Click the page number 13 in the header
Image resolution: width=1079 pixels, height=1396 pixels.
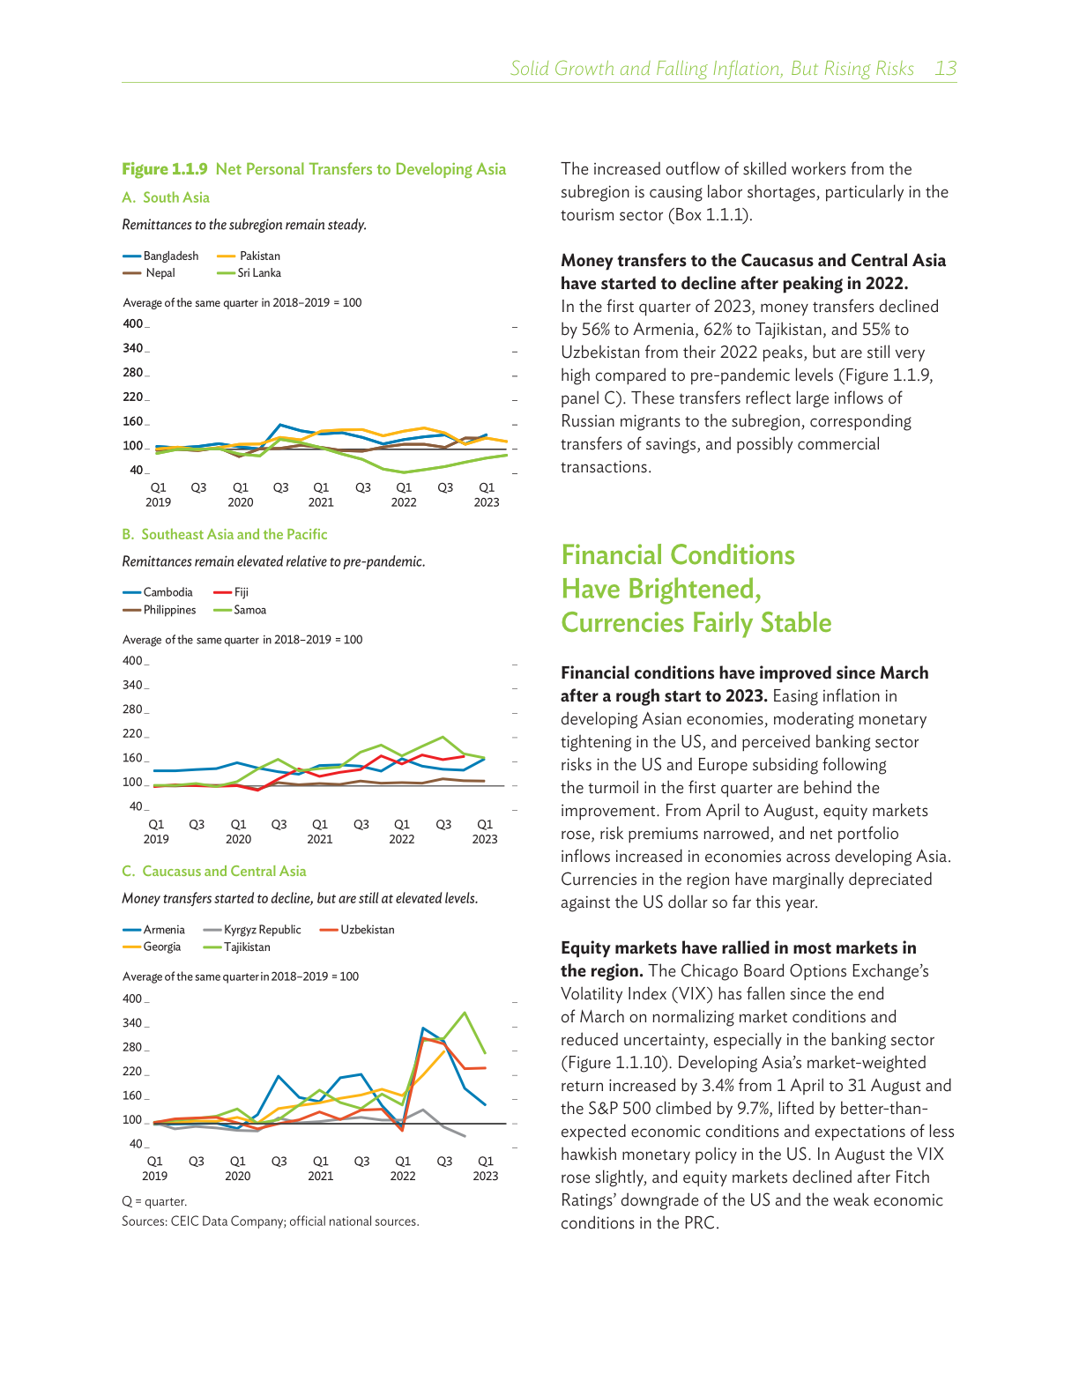[945, 69]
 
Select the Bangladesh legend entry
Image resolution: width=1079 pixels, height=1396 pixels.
[170, 256]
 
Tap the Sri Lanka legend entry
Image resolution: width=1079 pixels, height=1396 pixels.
[258, 273]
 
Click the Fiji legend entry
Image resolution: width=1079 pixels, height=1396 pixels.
[241, 593]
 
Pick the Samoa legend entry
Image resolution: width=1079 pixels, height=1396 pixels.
[249, 610]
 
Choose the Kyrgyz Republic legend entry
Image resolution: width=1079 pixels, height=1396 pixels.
[262, 930]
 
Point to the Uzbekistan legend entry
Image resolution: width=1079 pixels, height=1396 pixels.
[367, 930]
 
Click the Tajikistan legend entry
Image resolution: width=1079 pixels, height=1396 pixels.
[247, 947]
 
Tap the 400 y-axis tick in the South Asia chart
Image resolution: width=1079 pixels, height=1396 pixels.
[133, 323]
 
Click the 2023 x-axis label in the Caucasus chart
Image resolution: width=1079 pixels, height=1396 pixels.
[485, 1177]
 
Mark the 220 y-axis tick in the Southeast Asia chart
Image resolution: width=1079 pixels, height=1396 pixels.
[133, 733]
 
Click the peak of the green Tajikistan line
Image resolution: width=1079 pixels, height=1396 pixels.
[465, 1013]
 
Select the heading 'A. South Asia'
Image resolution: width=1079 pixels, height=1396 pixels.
[166, 197]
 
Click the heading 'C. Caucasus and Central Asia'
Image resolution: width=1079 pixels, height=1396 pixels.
[214, 872]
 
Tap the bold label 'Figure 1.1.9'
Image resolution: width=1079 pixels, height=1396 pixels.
[165, 169]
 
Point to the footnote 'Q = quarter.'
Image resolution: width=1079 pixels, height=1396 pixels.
[154, 1201]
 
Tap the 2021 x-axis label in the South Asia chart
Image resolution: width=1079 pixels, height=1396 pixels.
[321, 502]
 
